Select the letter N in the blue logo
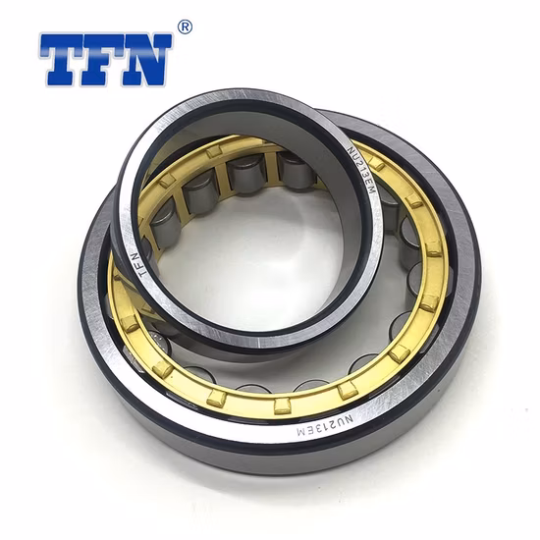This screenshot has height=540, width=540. point(146,61)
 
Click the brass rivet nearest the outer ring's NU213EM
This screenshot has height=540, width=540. point(348,390)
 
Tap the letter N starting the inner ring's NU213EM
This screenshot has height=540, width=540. point(351,150)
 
